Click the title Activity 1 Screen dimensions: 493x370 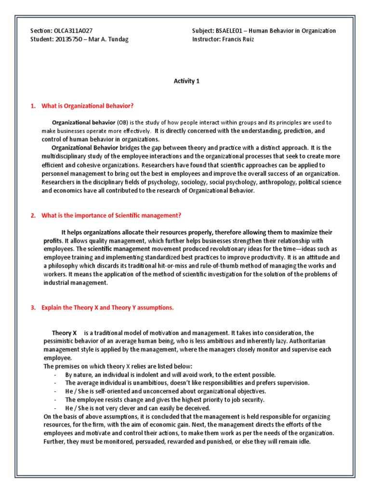click(x=186, y=81)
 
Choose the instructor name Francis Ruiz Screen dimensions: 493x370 click(x=238, y=39)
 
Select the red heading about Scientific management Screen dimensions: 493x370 click(x=111, y=215)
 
